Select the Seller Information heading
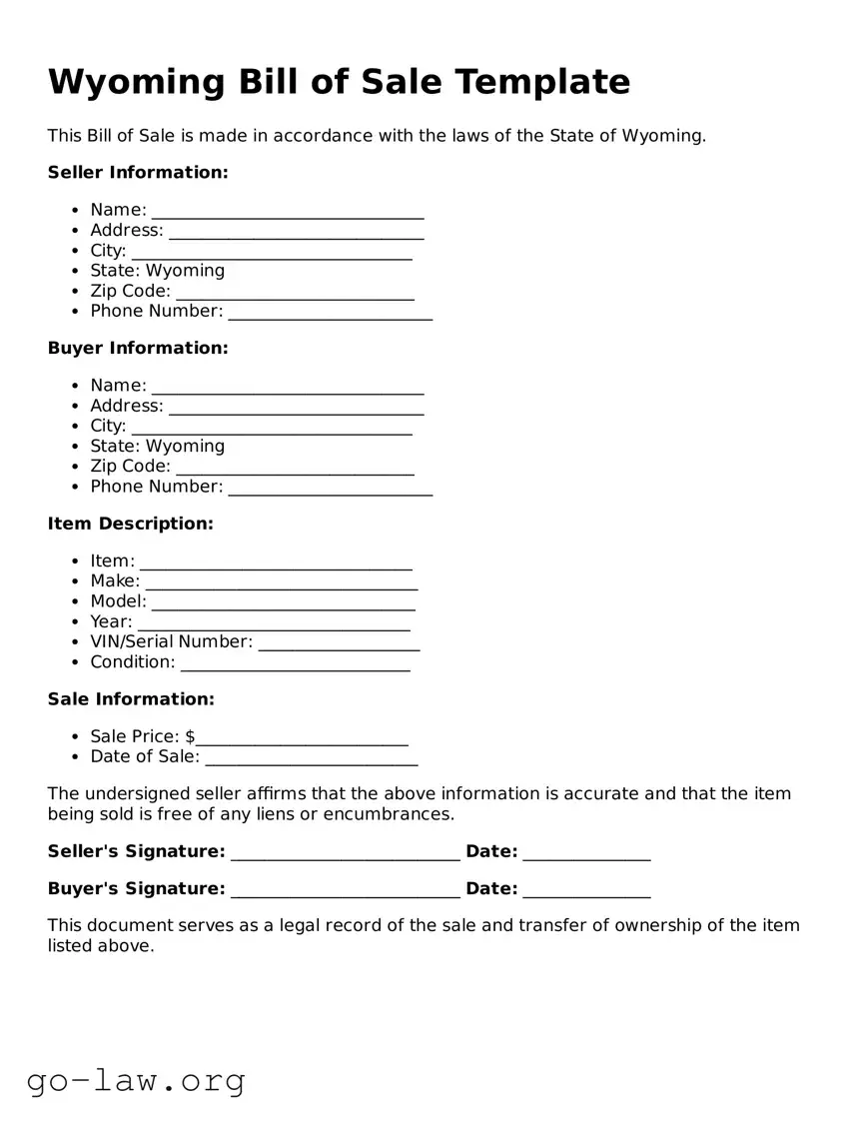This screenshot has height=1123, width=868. point(138,173)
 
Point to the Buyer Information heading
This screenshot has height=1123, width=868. point(138,349)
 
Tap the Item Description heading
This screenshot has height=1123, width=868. point(131,525)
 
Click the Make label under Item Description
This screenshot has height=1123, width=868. point(115,581)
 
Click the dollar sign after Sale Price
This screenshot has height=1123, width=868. point(190,737)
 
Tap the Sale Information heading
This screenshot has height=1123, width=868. point(131,699)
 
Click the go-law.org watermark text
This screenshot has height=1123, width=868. point(136,1081)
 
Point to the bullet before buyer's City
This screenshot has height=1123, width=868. point(76,427)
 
